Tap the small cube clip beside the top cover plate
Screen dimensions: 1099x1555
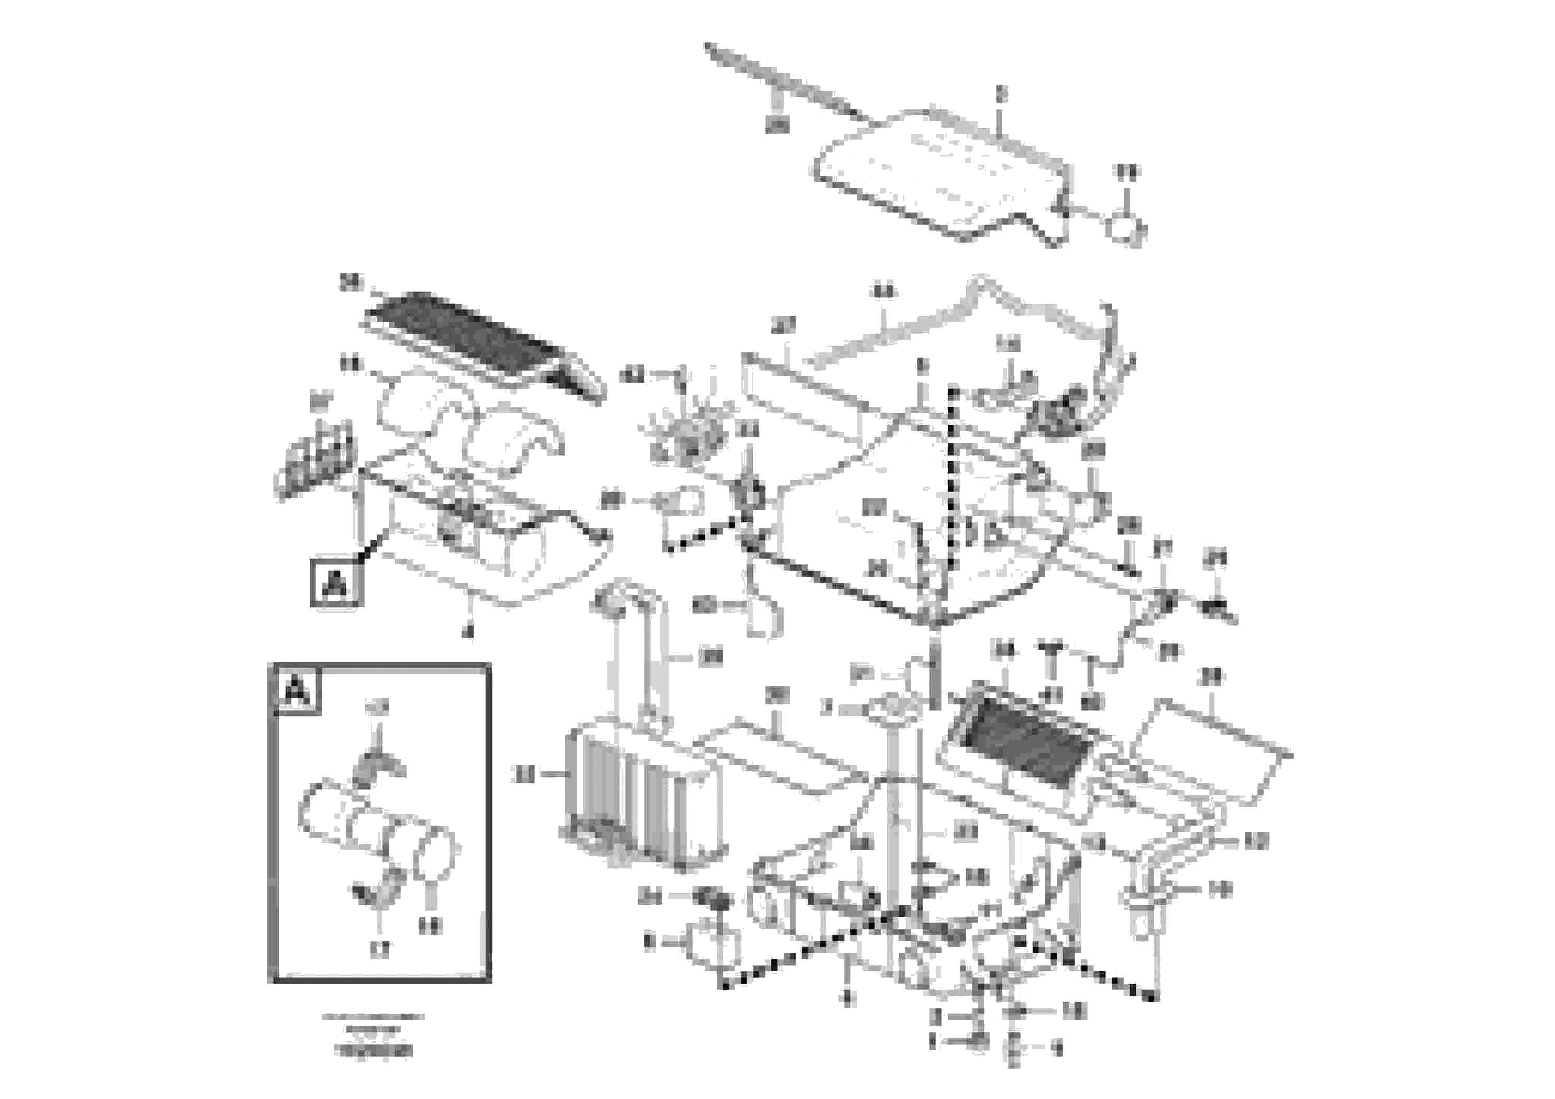[1124, 227]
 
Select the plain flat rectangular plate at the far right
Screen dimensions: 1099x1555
[1212, 752]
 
